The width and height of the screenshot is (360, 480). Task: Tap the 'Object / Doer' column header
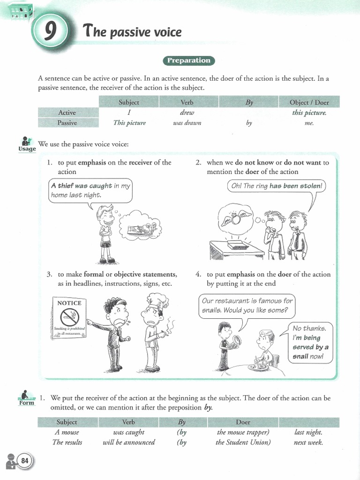[x=309, y=102]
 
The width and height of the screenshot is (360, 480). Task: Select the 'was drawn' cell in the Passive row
[x=187, y=123]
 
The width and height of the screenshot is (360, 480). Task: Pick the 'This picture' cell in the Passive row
[x=129, y=123]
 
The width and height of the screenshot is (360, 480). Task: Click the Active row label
[x=67, y=112]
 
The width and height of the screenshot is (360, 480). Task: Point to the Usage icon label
[x=27, y=149]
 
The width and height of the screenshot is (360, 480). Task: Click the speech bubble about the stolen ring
[x=276, y=186]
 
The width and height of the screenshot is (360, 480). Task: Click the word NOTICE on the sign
[x=69, y=303]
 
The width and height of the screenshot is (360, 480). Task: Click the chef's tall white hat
[x=155, y=300]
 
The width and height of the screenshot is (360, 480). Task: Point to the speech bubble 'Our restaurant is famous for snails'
[x=247, y=305]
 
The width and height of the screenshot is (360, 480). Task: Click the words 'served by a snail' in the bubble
[x=310, y=352]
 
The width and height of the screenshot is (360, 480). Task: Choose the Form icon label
[x=27, y=403]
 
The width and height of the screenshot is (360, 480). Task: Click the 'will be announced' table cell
[x=128, y=442]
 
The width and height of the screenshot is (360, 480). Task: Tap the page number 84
[x=24, y=461]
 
